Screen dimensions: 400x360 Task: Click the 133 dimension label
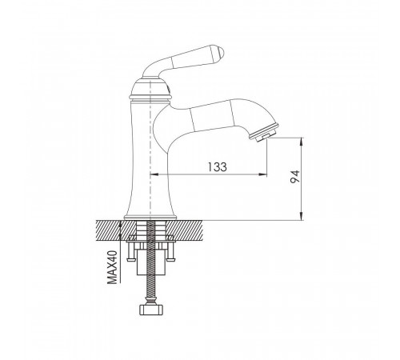[x=218, y=166]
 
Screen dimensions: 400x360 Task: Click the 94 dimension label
[x=295, y=177]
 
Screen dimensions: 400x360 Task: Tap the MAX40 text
[x=112, y=267]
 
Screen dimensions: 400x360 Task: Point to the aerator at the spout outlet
[x=264, y=132]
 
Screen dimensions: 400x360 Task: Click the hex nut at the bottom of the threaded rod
[x=151, y=310]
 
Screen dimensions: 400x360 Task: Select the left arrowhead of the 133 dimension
[x=154, y=174]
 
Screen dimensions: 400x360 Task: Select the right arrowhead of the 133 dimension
[x=262, y=174]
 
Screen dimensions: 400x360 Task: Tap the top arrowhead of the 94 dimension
[x=302, y=142]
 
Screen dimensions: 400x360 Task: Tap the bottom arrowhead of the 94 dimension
[x=302, y=216]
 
